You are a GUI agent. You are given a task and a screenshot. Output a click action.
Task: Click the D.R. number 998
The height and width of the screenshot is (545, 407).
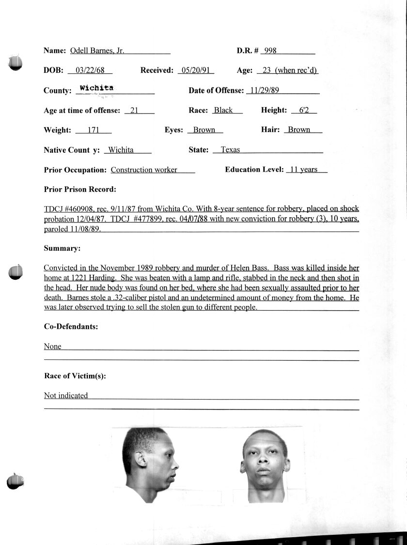[270, 50]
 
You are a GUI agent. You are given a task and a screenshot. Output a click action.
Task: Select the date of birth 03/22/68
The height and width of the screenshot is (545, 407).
[90, 70]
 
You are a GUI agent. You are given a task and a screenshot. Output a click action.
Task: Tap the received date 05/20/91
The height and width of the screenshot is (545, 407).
[196, 70]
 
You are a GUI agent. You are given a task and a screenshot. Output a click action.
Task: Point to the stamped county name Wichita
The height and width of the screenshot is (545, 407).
[96, 88]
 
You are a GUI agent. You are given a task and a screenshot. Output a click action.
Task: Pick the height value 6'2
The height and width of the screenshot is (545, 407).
[304, 110]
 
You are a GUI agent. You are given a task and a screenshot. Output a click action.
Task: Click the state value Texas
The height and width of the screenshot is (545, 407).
[230, 150]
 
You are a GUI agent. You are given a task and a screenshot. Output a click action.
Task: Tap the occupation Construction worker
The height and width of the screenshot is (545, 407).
[144, 170]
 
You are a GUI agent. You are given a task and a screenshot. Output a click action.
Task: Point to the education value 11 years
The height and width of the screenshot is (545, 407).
[303, 170]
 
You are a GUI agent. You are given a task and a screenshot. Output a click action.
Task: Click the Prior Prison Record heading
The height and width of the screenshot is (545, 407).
[80, 190]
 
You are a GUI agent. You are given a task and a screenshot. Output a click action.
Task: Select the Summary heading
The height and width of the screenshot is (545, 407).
[62, 248]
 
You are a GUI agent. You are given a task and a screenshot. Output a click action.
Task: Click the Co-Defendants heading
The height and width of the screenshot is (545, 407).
[71, 327]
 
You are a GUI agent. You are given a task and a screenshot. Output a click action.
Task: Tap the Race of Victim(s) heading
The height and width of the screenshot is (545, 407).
[75, 376]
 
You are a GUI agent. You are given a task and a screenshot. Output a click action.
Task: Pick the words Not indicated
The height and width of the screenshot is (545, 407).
[66, 396]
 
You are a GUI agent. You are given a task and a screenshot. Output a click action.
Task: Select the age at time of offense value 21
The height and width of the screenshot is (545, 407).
[135, 110]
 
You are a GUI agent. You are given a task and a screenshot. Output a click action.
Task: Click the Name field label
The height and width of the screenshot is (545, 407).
[55, 50]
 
